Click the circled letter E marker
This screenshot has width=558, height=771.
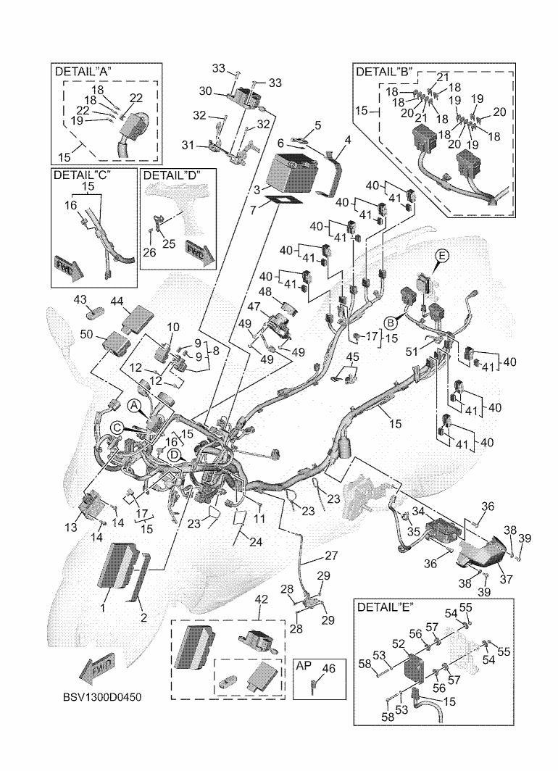pyautogui.click(x=441, y=255)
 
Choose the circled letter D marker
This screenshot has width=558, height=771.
pyautogui.click(x=174, y=454)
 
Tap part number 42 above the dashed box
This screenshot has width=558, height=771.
pyautogui.click(x=261, y=599)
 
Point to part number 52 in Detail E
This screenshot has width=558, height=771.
pyautogui.click(x=399, y=643)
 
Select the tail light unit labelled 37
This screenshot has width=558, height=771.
pyautogui.click(x=483, y=553)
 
